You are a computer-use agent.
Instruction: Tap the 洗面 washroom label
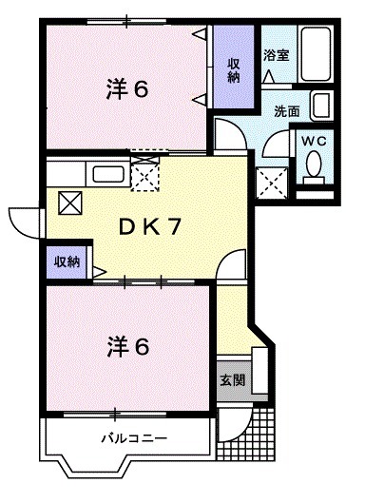click(x=287, y=110)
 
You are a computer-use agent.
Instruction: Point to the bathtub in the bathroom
click(x=313, y=57)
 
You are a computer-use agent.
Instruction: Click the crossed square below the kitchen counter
click(x=70, y=203)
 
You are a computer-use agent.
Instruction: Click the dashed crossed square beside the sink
click(x=144, y=176)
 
